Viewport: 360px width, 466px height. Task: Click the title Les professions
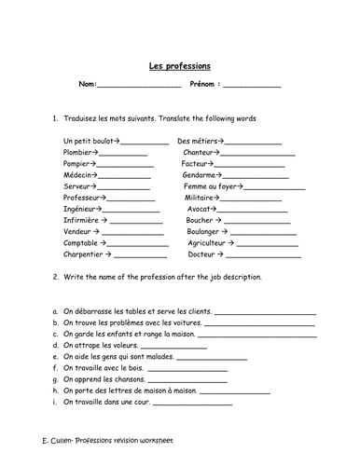tap(179, 66)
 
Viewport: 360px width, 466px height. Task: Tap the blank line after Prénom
tap(251, 86)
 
